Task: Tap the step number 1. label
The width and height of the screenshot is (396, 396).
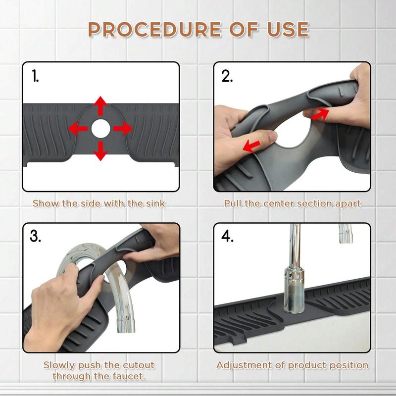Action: (35, 77)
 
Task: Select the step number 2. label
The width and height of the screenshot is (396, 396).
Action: (227, 77)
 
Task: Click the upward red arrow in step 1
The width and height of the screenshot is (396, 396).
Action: (100, 106)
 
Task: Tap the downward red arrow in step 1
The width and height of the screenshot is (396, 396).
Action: (100, 150)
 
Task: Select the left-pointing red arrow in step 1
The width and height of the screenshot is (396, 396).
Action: (78, 129)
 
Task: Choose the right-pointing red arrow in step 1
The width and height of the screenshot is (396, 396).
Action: (122, 129)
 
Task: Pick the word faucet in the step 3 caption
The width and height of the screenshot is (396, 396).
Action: (130, 376)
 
